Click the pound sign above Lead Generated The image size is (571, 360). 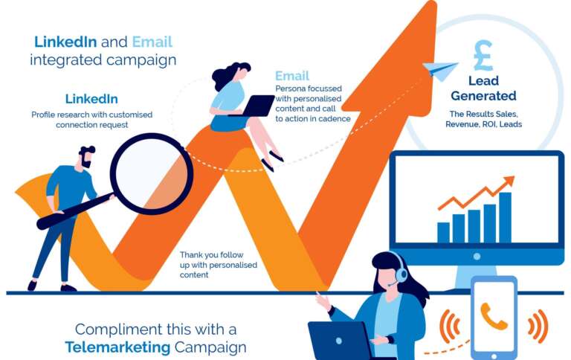[483, 55]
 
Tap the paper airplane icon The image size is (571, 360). [439, 70]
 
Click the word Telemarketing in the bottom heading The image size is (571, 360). [117, 347]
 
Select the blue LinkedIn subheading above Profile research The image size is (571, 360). [91, 99]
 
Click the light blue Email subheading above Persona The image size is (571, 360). [292, 76]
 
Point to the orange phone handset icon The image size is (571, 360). [494, 316]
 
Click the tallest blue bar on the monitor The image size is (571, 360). [505, 217]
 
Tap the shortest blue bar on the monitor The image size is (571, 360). [443, 233]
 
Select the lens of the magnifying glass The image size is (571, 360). [152, 174]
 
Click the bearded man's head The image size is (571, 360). [86, 157]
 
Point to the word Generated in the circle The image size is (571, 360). [483, 96]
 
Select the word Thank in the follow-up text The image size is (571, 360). [191, 254]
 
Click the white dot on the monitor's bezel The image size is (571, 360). [477, 257]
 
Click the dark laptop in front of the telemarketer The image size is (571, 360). [340, 341]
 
